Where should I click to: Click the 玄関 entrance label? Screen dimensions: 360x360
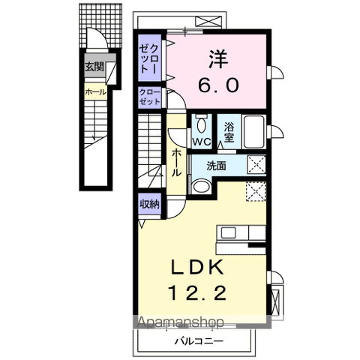(94, 67)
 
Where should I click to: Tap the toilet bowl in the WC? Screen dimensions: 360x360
(201, 124)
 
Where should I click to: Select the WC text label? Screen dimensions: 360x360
(202, 142)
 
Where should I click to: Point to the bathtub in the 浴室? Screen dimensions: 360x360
(254, 132)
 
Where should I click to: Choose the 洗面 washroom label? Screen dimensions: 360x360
(216, 166)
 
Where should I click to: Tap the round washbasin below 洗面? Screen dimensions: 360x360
(202, 186)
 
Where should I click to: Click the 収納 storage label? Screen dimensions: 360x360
(149, 205)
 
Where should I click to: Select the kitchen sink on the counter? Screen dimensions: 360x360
(229, 232)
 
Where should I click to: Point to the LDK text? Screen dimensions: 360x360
(197, 268)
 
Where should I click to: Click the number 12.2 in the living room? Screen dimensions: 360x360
(198, 293)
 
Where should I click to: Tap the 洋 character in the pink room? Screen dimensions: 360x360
(218, 58)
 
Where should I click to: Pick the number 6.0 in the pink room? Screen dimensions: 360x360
(219, 85)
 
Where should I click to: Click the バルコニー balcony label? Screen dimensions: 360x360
(199, 341)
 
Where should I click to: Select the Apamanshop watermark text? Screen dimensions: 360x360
(181, 322)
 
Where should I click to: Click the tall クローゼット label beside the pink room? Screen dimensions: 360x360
(149, 58)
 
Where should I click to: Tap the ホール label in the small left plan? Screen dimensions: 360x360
(95, 92)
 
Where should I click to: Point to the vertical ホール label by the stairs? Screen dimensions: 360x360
(176, 163)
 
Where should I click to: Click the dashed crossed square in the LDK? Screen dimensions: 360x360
(256, 191)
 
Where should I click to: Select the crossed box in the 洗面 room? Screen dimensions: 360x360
(256, 164)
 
